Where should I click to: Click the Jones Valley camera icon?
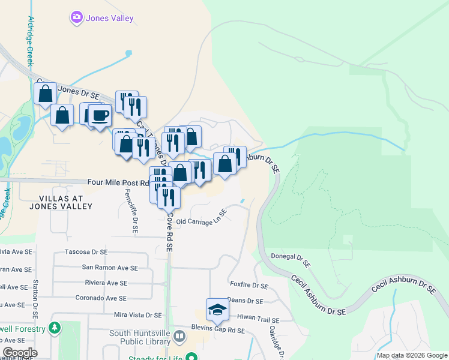click(76, 18)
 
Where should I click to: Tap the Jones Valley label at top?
click(109, 18)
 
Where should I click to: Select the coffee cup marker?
click(100, 115)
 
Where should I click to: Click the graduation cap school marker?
click(217, 310)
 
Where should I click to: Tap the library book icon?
click(179, 335)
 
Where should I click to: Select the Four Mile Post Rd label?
click(118, 182)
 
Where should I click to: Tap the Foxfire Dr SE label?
click(249, 286)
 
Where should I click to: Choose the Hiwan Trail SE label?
click(260, 318)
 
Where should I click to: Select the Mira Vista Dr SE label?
click(138, 314)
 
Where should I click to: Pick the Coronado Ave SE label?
click(101, 298)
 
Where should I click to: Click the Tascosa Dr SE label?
click(86, 252)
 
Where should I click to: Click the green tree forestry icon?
click(55, 328)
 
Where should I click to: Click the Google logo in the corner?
click(20, 353)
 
